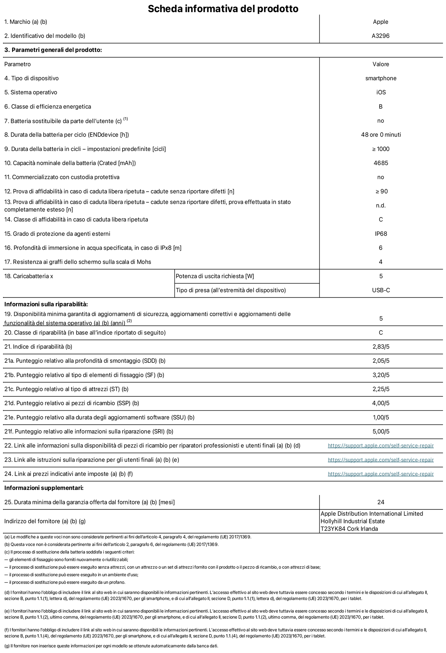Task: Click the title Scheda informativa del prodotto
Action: point(223,8)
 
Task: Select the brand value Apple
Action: point(381,22)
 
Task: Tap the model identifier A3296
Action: point(381,36)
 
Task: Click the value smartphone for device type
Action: point(381,78)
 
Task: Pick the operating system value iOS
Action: point(381,92)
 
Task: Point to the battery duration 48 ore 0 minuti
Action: point(381,135)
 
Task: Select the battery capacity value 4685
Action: point(381,163)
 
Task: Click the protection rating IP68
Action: point(381,234)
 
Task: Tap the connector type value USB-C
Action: point(381,290)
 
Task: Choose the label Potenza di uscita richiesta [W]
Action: point(215,276)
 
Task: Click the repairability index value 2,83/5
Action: point(381,347)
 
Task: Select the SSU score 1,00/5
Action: point(381,417)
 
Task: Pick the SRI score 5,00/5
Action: point(381,432)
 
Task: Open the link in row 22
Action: point(381,446)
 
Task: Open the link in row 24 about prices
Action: point(381,474)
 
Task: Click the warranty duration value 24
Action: point(381,502)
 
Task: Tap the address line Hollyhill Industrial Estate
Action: point(353,521)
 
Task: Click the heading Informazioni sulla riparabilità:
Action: point(46,304)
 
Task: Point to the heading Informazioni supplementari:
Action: point(44,488)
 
